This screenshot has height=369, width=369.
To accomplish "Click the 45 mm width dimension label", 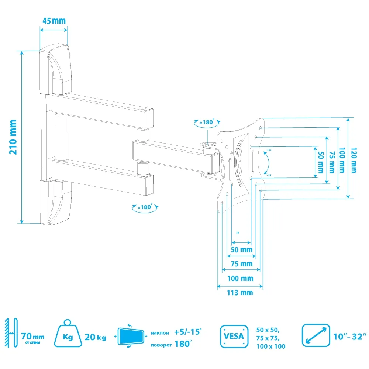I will (x=54, y=21).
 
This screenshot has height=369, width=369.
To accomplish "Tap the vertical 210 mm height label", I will (x=13, y=137).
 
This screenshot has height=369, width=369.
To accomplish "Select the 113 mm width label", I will (x=240, y=293).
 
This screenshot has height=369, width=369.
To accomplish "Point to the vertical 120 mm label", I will (x=353, y=160).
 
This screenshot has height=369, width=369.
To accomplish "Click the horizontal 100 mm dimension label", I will (x=240, y=278).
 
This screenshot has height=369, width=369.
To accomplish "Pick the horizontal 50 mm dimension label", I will (x=241, y=249).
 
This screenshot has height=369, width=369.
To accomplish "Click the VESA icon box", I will (x=234, y=336).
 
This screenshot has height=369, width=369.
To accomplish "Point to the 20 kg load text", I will (x=95, y=337).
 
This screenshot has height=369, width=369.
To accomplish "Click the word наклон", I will (x=160, y=333).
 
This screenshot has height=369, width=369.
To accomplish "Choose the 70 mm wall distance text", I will (x=32, y=337).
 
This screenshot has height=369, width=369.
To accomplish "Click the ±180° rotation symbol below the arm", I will (x=145, y=207).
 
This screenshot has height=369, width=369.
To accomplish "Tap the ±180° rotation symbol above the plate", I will (x=207, y=123).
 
